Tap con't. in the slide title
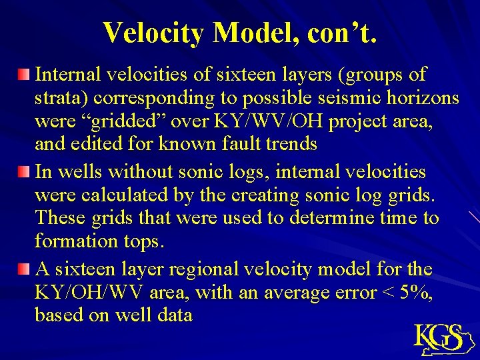pyautogui.click(x=343, y=32)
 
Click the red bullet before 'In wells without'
pyautogui.click(x=24, y=173)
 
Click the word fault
pyautogui.click(x=246, y=144)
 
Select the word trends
pyautogui.click(x=293, y=144)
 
